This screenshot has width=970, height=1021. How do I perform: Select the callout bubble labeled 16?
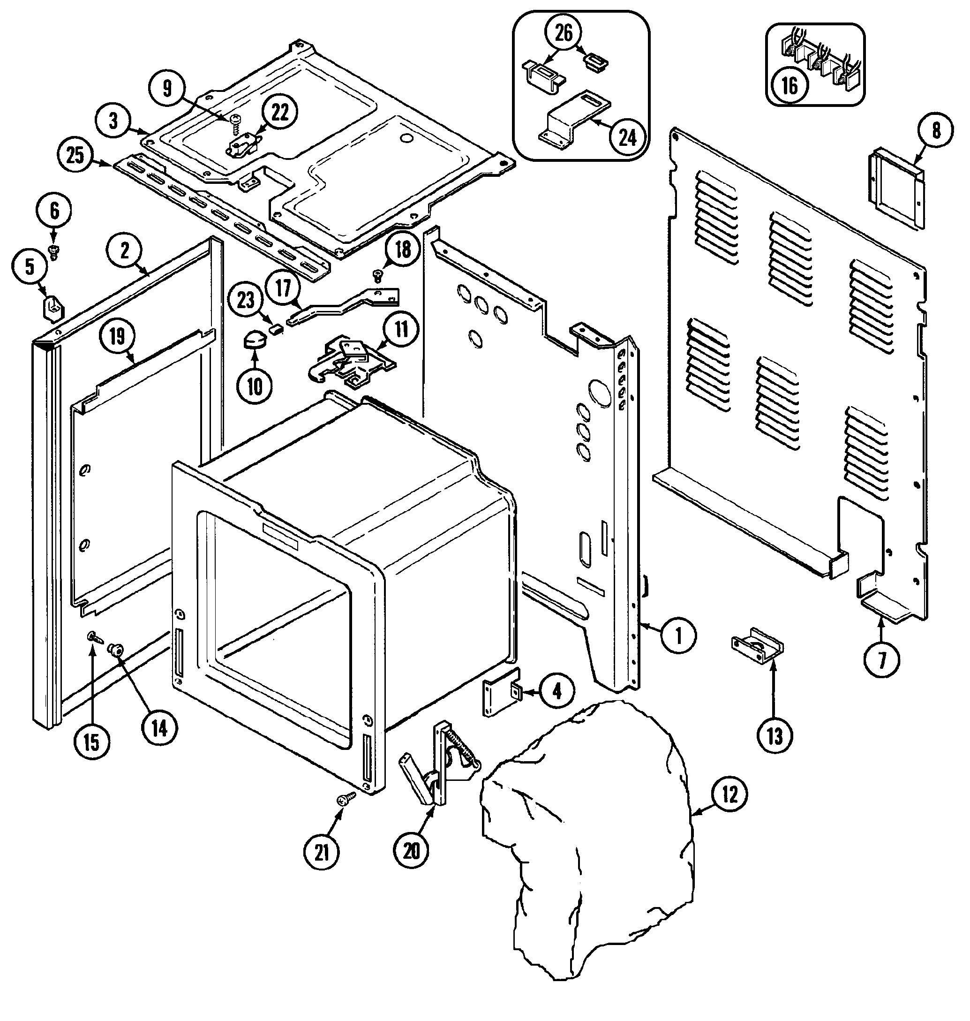(x=790, y=85)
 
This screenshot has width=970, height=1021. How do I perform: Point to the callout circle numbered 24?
(x=627, y=137)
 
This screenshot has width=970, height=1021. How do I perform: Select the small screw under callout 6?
(x=53, y=251)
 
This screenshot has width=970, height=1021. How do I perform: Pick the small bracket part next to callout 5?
(x=52, y=307)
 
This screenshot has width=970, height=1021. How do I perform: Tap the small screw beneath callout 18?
(x=378, y=276)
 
